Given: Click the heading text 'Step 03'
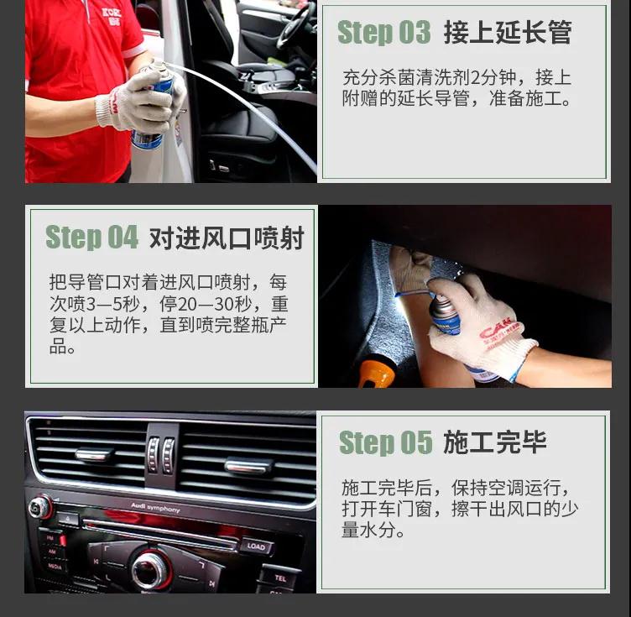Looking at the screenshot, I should point(383,33).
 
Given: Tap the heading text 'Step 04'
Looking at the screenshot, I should point(91,238).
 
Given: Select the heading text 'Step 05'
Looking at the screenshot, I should point(385,442).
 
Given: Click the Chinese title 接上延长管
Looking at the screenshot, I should point(507,33).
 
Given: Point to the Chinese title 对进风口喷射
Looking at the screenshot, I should point(227,238).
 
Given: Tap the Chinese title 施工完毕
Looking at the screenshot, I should point(495,442).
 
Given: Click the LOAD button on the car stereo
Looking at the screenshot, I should point(256,546).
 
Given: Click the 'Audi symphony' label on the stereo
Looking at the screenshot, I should point(155,509).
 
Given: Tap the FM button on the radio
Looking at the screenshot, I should point(51,538).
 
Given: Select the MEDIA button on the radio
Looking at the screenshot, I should point(53,567).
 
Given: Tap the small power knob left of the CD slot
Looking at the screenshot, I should point(39,507).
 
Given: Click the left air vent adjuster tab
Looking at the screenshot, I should point(94,455).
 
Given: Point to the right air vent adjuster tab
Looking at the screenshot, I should point(248,464).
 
